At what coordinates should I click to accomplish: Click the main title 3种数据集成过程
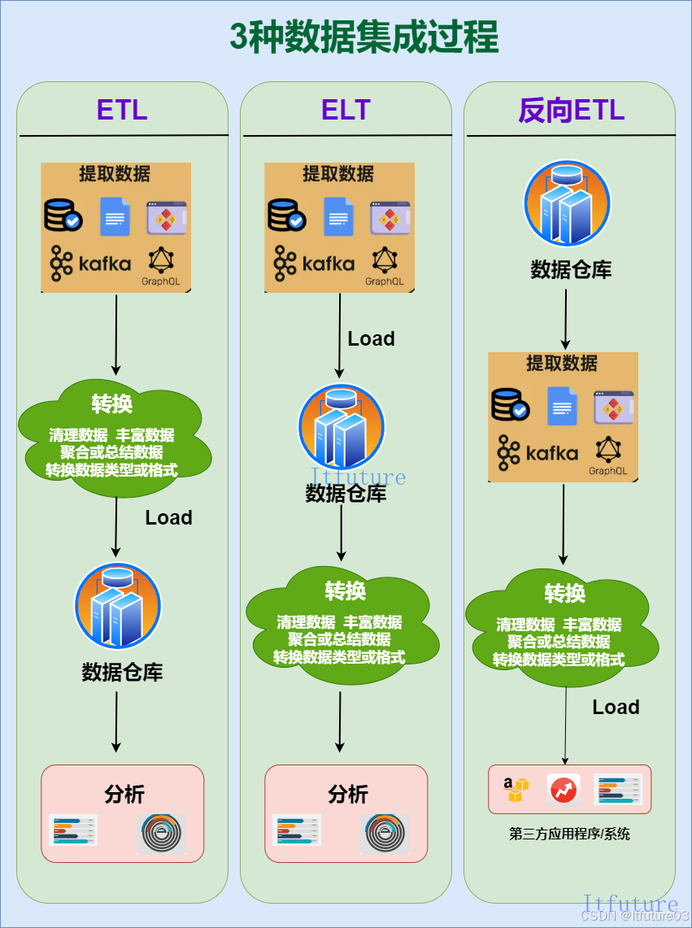(x=363, y=37)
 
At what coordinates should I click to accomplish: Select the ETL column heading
(x=122, y=110)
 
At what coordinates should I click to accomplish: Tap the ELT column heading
(x=346, y=110)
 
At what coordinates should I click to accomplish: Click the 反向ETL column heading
(x=570, y=111)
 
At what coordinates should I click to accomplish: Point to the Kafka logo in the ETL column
(x=90, y=263)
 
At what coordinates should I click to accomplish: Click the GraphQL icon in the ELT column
(x=384, y=265)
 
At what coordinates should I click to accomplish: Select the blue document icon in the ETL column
(x=115, y=217)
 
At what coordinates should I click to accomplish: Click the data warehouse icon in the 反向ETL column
(x=567, y=203)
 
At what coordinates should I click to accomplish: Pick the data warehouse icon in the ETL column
(x=118, y=606)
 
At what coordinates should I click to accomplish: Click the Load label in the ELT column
(x=371, y=339)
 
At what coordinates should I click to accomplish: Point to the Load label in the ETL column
(x=168, y=518)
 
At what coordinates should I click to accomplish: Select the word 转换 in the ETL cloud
(x=112, y=403)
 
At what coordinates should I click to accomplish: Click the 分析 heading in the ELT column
(x=348, y=795)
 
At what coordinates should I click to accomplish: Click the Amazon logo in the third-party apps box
(x=515, y=789)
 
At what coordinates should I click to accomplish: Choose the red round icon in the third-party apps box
(x=563, y=790)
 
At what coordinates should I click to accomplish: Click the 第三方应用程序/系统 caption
(x=569, y=834)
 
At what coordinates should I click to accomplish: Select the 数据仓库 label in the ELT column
(x=346, y=494)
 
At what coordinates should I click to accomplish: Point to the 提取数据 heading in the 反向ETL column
(x=561, y=364)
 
